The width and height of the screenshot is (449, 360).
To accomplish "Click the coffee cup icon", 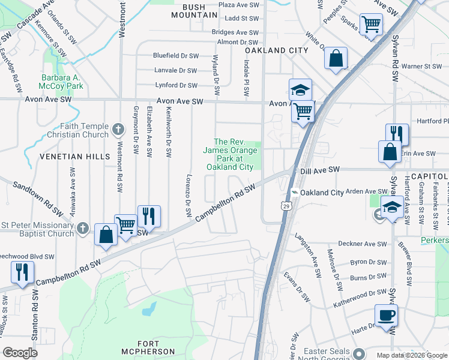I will coord(386,315).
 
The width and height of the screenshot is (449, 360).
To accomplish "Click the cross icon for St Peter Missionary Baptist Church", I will coord(83,229).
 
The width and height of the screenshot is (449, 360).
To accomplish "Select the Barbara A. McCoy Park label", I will coord(62,82).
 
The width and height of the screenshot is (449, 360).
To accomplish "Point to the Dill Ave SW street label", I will coord(320,170).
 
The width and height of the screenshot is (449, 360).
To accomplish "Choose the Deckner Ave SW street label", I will coord(363,244).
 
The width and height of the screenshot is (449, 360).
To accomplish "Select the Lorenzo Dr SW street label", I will coord(187,196).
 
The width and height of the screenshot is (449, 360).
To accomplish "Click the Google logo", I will coord(20,353).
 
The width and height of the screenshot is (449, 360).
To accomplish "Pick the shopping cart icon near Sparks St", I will coord(371,25).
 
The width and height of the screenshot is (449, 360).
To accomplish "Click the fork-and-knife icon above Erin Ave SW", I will coord(397,134).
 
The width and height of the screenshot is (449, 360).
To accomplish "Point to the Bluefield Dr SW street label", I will coord(175,56).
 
